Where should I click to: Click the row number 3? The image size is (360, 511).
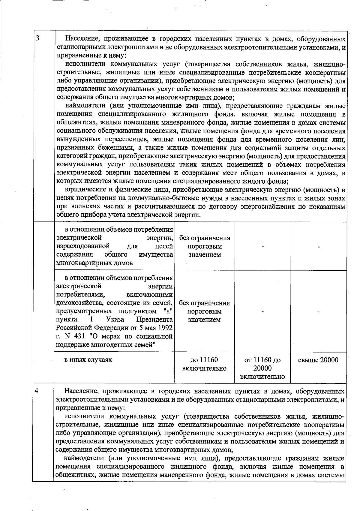(37, 38)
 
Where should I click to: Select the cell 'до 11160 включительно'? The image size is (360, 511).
(204, 364)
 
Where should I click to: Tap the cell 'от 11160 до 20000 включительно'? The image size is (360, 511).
(262, 368)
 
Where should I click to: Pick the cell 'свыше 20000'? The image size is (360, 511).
(318, 360)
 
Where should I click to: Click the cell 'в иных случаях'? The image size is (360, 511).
(88, 359)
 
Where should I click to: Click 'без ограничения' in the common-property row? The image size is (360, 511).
(205, 238)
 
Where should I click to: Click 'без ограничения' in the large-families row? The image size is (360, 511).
(204, 303)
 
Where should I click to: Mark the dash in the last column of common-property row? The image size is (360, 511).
(319, 247)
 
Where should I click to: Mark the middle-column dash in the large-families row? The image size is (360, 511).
(262, 312)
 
